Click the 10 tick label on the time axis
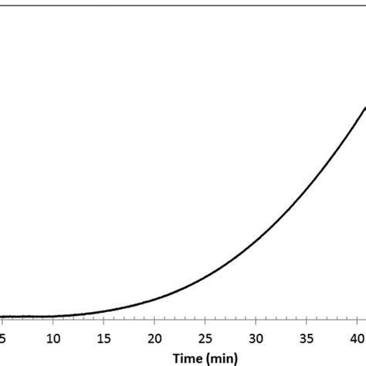click(53, 337)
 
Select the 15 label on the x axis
click(104, 337)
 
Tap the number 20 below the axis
click(154, 337)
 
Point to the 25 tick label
click(205, 337)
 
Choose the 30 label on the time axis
click(256, 337)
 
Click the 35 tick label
click(307, 337)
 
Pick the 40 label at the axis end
click(358, 337)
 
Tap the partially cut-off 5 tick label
click(3, 337)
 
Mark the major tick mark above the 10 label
click(53, 320)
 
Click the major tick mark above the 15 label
click(104, 320)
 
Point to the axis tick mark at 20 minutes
click(154, 320)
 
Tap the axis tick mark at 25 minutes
click(205, 320)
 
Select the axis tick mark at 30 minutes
click(256, 320)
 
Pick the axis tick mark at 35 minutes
click(307, 320)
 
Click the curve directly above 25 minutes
click(205, 276)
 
